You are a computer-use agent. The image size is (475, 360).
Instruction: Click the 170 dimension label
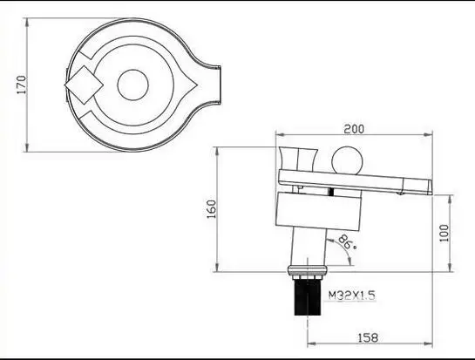pyautogui.click(x=21, y=85)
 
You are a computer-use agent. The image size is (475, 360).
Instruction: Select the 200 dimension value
pyautogui.click(x=354, y=129)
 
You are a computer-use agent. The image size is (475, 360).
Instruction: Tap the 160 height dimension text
pyautogui.click(x=211, y=209)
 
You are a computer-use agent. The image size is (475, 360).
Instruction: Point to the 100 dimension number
pyautogui.click(x=444, y=233)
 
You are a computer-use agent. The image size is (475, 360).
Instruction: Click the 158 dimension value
pyautogui.click(x=368, y=337)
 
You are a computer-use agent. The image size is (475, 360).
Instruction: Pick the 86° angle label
pyautogui.click(x=347, y=242)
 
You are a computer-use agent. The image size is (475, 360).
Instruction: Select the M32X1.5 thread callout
pyautogui.click(x=352, y=295)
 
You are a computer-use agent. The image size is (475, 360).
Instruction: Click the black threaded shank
pyautogui.click(x=308, y=297)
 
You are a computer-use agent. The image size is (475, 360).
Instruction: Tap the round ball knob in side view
pyautogui.click(x=347, y=160)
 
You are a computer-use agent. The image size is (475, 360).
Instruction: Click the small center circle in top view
pyautogui.click(x=133, y=85)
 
